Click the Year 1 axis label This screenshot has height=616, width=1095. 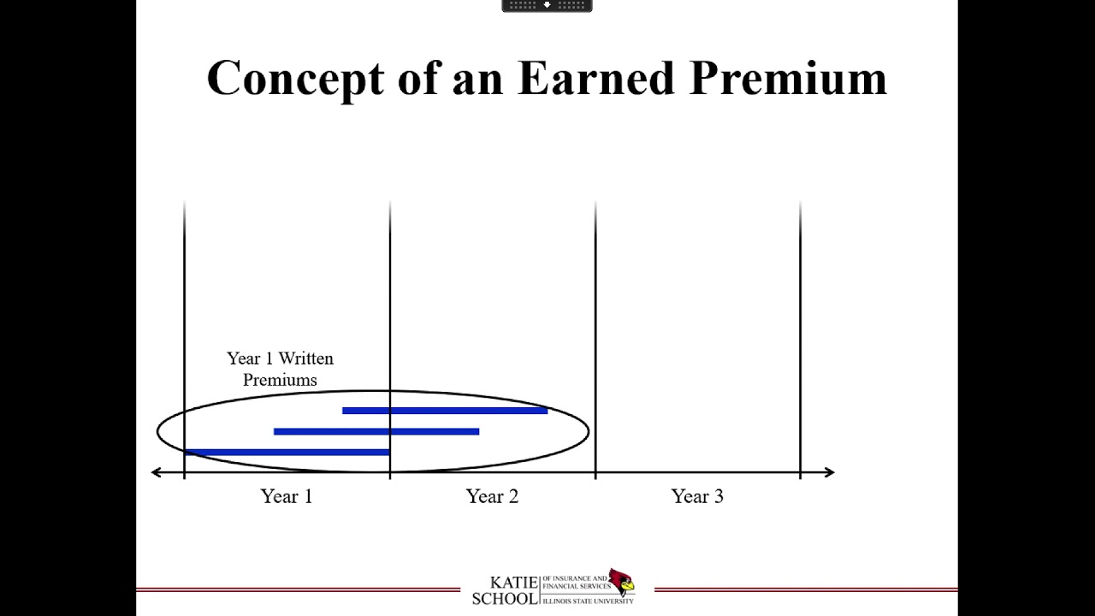(287, 496)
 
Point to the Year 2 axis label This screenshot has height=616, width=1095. (492, 496)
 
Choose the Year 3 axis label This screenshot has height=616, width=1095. (697, 496)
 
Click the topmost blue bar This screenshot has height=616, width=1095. (445, 411)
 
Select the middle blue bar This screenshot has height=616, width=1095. (376, 431)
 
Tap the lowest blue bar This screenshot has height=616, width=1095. (287, 452)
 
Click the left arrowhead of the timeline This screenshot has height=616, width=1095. (156, 471)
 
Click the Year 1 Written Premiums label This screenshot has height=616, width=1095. (280, 369)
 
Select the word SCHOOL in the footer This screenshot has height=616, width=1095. (505, 597)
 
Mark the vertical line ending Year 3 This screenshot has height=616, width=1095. (800, 342)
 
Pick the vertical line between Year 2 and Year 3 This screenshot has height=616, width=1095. (595, 342)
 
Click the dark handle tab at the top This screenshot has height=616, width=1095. (547, 5)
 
